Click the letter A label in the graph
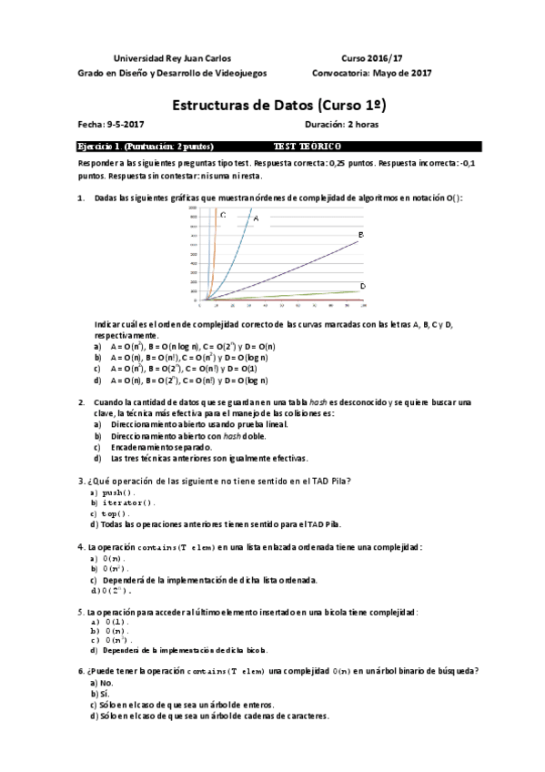tap(256, 218)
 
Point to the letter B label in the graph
tap(361, 235)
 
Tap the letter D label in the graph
tap(362, 287)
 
